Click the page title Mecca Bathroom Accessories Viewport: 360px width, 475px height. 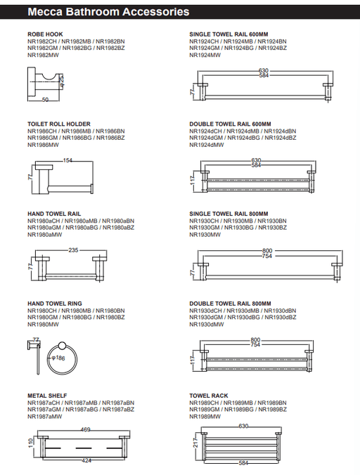point(108,12)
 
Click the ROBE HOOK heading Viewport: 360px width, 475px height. point(45,34)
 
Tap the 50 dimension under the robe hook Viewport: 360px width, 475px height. point(45,100)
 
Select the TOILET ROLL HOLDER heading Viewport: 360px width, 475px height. point(59,124)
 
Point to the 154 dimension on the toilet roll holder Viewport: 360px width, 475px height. point(67,160)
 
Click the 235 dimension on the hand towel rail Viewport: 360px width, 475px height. point(73,250)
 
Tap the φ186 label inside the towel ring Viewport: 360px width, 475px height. point(58,358)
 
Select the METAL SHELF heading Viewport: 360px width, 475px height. point(47,396)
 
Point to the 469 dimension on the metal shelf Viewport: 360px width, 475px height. point(86,429)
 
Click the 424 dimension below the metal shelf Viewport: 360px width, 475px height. point(86,460)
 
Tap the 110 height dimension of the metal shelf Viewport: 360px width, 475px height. point(31,444)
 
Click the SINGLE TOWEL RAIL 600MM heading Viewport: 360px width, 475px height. point(229,34)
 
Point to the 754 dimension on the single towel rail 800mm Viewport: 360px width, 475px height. point(266,256)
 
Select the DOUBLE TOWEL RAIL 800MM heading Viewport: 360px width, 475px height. point(231,304)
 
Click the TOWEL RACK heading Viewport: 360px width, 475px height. point(209,396)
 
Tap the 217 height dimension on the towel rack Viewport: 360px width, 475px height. point(195,443)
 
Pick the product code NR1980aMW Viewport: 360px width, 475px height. point(44,235)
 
